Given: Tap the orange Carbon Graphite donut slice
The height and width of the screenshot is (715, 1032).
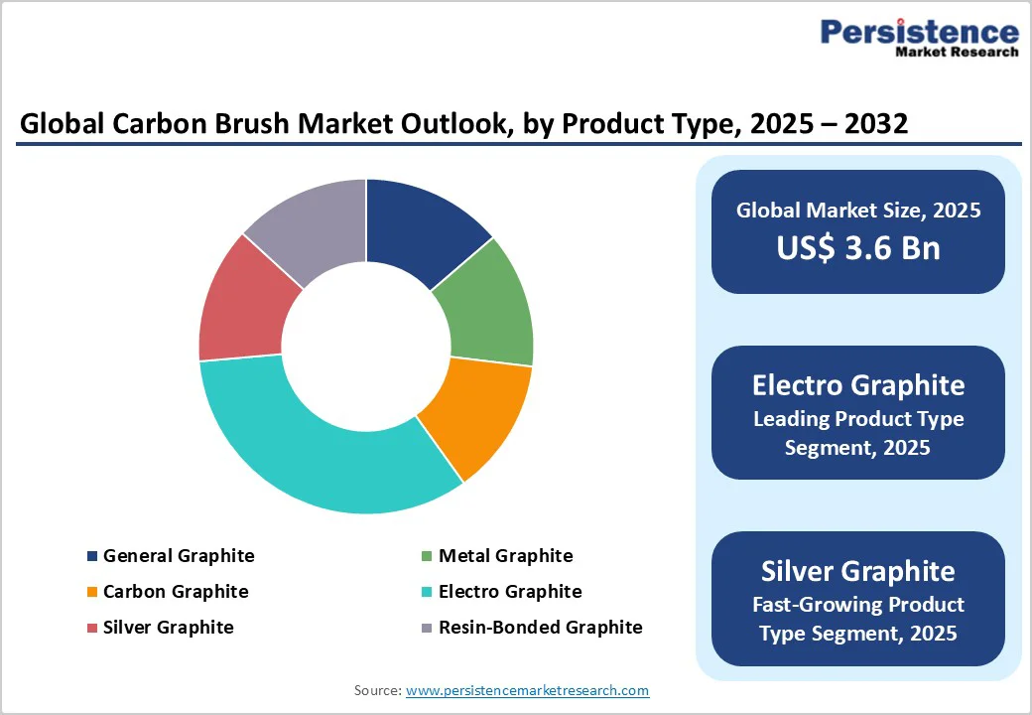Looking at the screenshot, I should [473, 411].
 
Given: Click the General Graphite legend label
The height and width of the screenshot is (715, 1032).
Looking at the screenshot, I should [179, 556].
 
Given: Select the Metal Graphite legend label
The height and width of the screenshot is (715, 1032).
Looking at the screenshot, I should [505, 556].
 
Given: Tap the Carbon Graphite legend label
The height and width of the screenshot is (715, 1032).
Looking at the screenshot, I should [176, 592].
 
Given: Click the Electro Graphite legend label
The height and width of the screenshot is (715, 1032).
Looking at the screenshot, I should [510, 592].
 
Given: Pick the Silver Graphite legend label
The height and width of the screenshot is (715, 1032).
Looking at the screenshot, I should [168, 628].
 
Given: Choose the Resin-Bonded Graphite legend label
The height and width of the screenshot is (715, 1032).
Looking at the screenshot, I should [540, 628].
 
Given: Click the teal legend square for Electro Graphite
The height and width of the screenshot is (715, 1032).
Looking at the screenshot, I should [427, 593].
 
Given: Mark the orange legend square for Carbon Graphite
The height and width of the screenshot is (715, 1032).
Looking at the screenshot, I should [92, 593].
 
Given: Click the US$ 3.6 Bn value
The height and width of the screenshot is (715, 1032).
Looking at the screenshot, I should [858, 246].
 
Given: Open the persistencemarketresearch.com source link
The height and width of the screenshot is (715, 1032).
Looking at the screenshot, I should [527, 690].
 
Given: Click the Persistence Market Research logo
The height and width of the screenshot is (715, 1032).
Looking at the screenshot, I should [919, 37].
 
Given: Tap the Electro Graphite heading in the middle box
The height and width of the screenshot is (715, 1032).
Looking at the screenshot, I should [858, 384].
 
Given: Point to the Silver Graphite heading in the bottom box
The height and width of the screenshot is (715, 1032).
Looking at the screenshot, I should [858, 571].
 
